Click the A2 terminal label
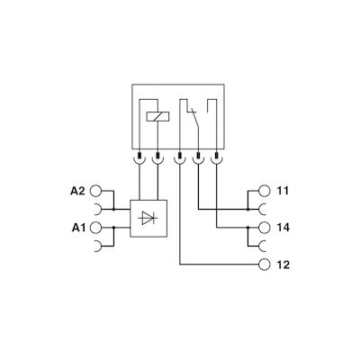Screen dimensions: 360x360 point(78,191)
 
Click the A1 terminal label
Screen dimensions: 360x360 point(78,228)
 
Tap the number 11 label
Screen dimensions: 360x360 point(282,191)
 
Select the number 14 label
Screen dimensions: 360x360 point(283,228)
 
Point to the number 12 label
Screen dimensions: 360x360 point(283,265)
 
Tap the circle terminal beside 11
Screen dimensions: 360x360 point(264,191)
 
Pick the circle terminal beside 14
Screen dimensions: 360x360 point(264,228)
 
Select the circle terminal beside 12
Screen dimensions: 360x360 point(264,265)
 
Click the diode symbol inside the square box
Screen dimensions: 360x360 point(148,218)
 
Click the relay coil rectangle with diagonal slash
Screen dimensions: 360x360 point(157,117)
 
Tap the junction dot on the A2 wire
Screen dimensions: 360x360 point(113,209)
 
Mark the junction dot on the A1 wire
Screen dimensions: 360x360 point(113,228)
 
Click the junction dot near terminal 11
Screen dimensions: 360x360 point(247,209)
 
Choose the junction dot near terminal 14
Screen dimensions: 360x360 point(247,228)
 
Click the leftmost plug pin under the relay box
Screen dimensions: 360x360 point(139,156)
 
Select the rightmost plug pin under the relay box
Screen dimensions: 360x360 point(216,156)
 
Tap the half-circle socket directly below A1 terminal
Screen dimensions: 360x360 point(97,246)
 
